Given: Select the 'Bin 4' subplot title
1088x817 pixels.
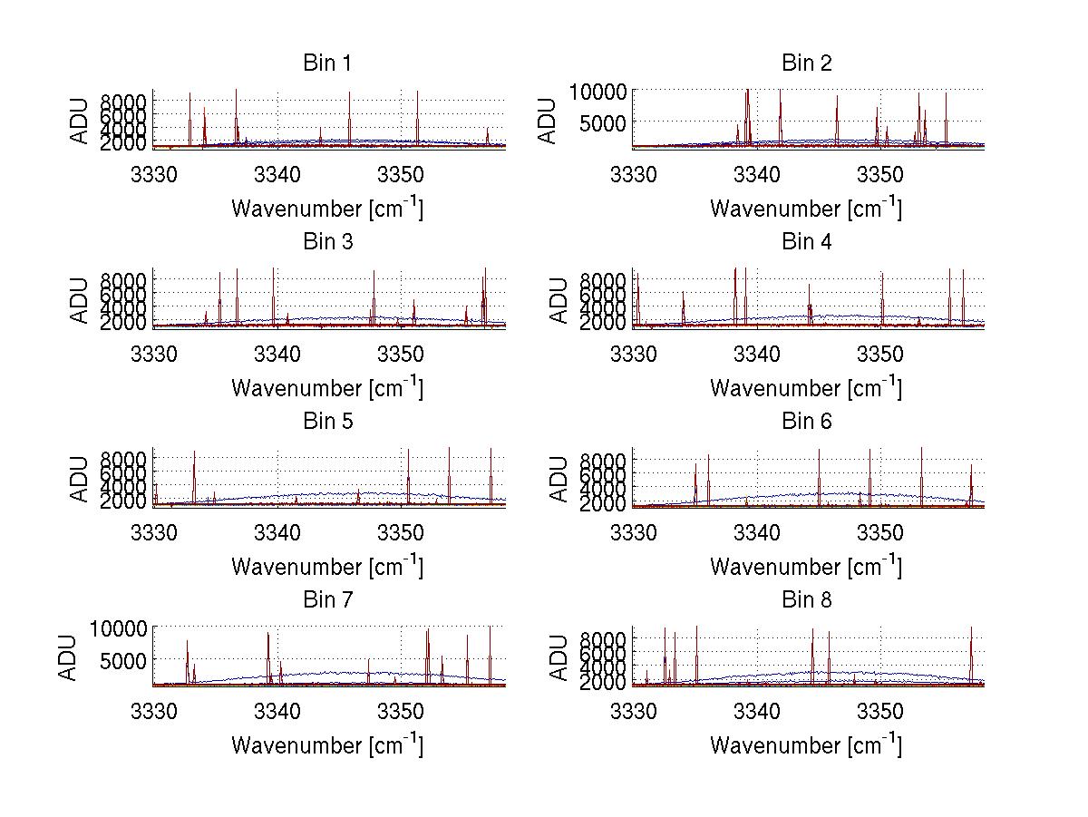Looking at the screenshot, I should point(806,242).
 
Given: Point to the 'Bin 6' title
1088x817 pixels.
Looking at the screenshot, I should point(806,422).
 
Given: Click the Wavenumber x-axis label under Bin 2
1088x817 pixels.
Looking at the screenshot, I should point(806,209).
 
